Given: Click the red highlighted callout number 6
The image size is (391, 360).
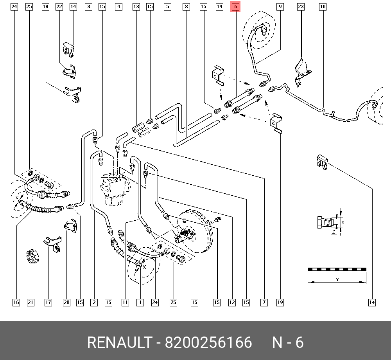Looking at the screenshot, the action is tap(235, 7).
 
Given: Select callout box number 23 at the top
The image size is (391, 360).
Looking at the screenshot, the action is tap(301, 7).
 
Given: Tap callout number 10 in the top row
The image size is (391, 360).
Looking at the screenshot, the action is tap(323, 7).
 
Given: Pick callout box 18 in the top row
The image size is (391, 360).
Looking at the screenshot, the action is tap(45, 7).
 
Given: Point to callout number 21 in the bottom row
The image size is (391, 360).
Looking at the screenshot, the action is tap(30, 302).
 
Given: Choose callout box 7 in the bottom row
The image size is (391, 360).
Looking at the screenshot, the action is tap(264, 302).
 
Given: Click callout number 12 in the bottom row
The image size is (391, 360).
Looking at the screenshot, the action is tap(232, 302).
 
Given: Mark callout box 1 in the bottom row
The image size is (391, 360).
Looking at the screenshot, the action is tap(140, 302).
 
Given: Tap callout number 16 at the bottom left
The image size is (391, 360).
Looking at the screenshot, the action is tap(16, 302).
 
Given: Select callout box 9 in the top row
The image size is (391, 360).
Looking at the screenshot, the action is tap(280, 7).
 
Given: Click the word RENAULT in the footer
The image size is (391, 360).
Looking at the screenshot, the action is tap(119, 342).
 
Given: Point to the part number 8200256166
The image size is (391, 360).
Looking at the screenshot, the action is tap(208, 342).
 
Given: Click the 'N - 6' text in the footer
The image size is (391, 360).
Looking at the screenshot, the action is tap(288, 342).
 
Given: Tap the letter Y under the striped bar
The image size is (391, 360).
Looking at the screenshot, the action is tap(337, 279).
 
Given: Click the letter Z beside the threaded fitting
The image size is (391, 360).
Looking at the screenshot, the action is tap(334, 232).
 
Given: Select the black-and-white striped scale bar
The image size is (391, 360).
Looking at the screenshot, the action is tap(337, 269).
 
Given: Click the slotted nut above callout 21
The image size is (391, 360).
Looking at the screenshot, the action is tap(33, 256).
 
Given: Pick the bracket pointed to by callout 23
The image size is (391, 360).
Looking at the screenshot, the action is tap(303, 72).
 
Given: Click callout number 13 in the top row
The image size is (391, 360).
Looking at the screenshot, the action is tap(136, 7).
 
